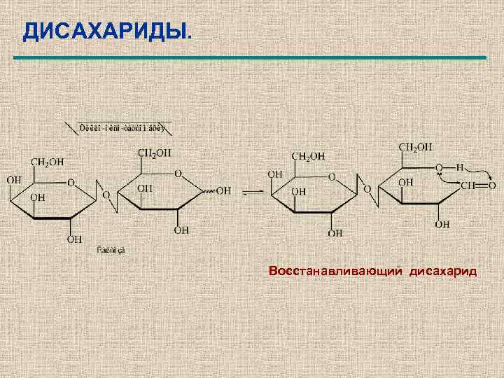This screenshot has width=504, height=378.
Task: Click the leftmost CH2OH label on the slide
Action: click(47, 162)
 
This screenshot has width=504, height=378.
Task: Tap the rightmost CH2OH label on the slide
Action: click(415, 147)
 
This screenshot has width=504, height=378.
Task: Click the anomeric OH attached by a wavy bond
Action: click(224, 190)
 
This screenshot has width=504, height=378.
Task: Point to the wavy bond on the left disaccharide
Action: click(206, 190)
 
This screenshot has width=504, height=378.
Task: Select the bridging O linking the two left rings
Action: click(106, 194)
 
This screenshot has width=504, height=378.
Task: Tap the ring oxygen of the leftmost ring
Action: click(71, 183)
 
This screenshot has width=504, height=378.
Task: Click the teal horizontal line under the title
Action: click(252, 57)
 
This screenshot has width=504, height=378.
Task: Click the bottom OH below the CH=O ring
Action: click(442, 224)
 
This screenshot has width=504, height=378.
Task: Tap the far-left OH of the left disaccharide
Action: click(14, 181)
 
